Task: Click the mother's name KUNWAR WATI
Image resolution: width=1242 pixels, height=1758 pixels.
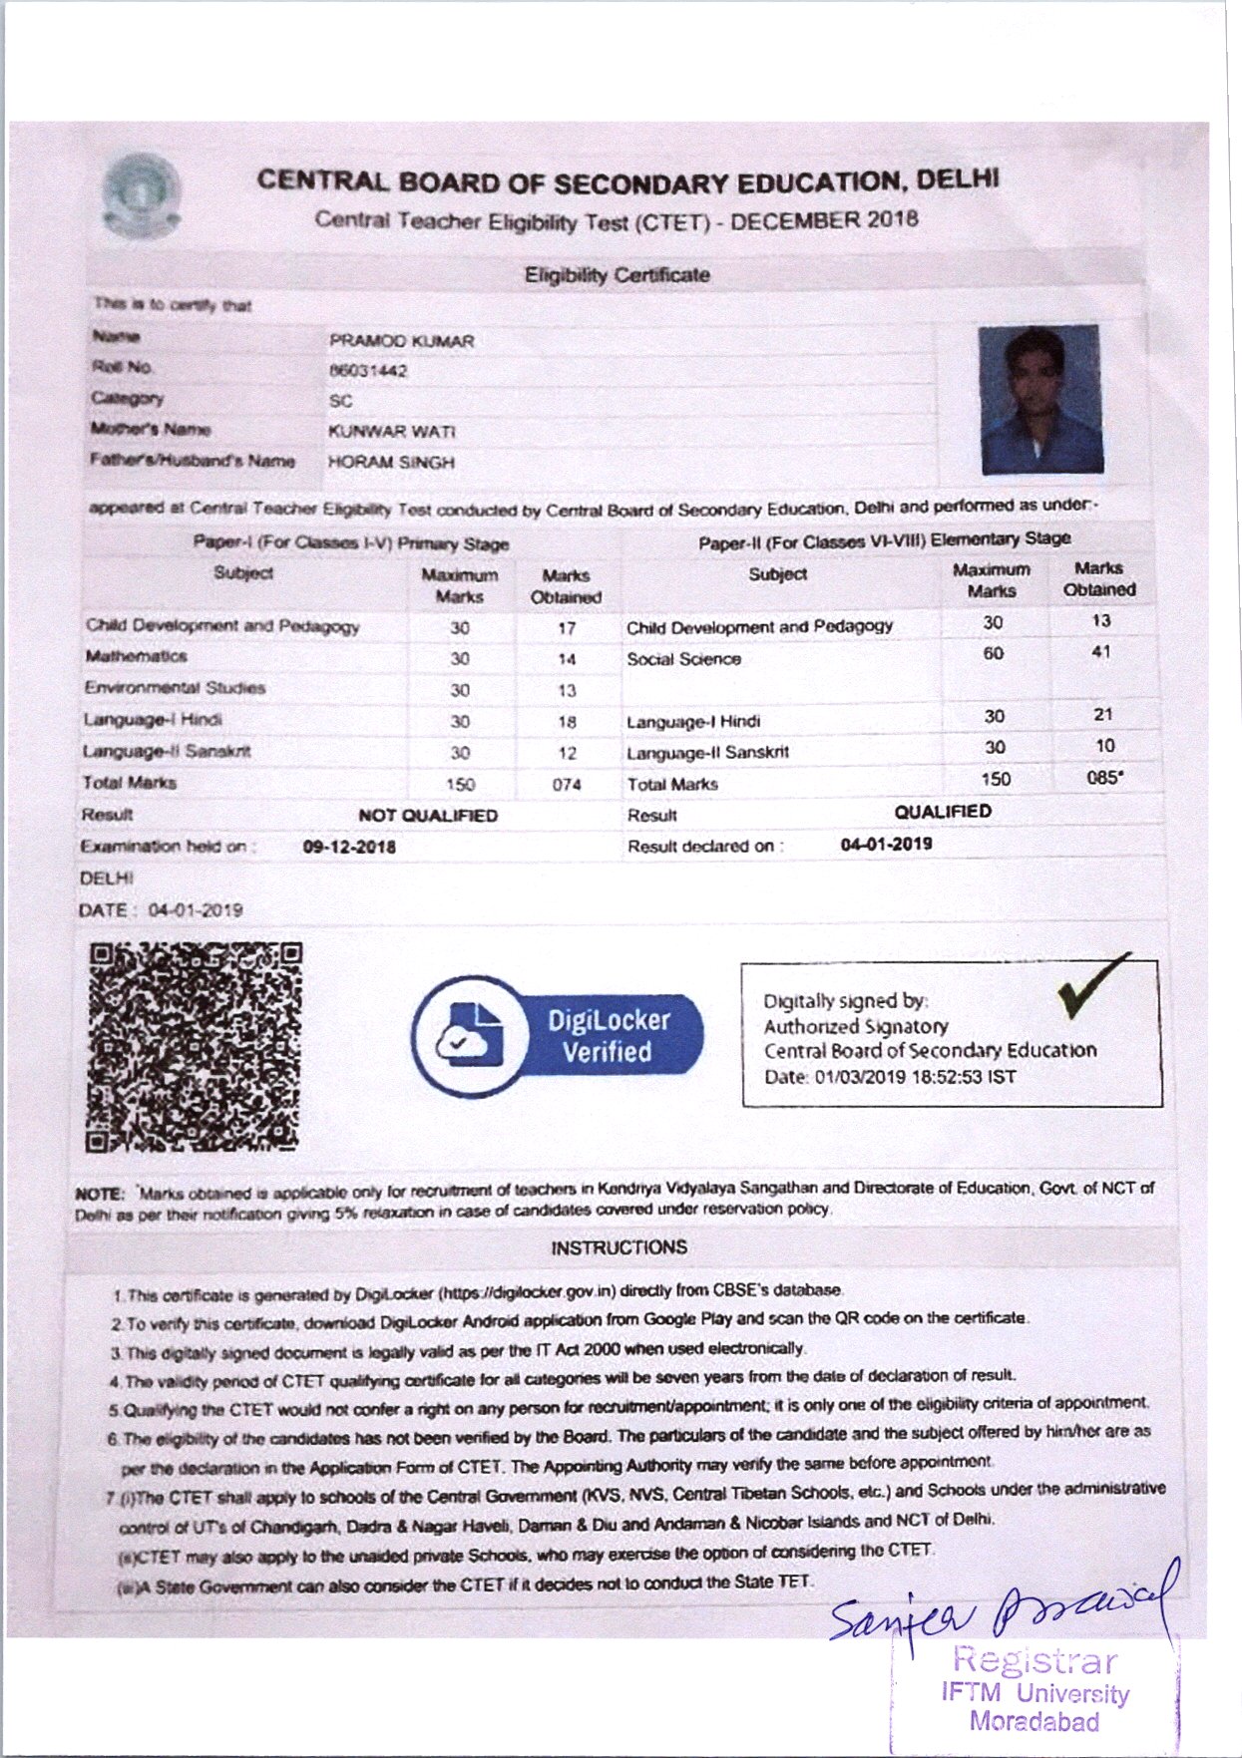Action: pos(391,432)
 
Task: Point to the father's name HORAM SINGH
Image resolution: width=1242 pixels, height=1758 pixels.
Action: pos(391,463)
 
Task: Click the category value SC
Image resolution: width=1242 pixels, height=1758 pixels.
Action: pos(340,401)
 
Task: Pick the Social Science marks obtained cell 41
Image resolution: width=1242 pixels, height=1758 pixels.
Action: pos(1100,652)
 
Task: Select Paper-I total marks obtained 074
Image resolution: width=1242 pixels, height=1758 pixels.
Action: pos(566,785)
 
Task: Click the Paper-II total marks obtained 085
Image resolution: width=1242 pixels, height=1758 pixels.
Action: pos(1103,778)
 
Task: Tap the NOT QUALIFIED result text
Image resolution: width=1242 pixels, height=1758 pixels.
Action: pos(428,816)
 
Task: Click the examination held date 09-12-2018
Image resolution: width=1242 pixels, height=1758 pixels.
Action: pos(349,848)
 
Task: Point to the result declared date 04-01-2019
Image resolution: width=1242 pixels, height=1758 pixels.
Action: pos(886,845)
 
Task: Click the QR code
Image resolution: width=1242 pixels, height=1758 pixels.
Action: pos(195,1047)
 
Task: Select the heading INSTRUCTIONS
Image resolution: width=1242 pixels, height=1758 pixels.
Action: pos(619,1247)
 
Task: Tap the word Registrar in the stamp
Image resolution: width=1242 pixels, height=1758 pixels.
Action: pos(1035,1660)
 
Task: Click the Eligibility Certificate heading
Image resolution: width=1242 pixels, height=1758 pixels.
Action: pos(618,275)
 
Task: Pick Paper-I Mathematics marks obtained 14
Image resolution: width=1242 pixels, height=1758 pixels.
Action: pos(567,659)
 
